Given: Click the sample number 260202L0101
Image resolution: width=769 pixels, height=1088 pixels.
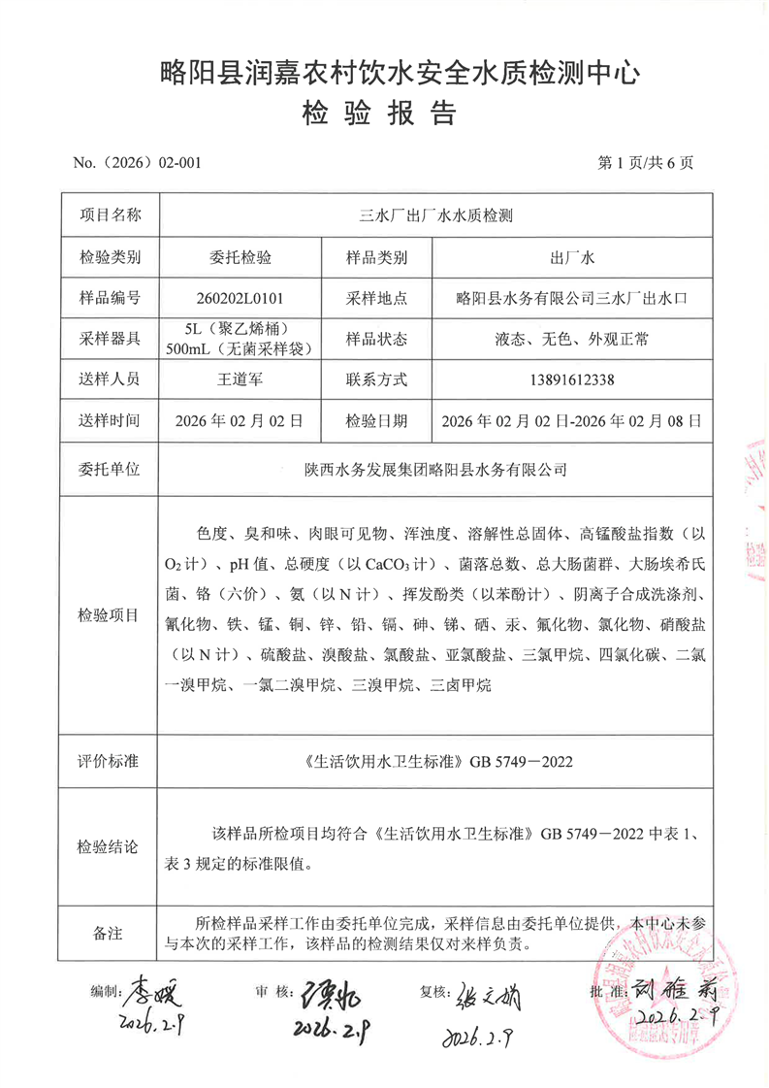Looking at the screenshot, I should [x=239, y=298].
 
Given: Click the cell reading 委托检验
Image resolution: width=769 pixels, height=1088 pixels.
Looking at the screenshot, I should [x=239, y=257].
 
